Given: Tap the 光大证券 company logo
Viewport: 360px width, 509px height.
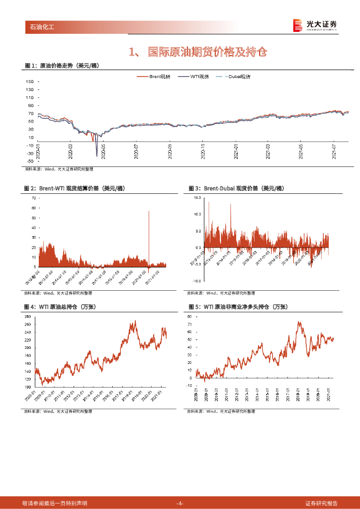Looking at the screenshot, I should point(315,25).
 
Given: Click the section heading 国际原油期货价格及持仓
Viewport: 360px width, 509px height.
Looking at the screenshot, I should point(198,51).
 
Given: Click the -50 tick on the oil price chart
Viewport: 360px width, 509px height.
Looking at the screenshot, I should point(29,161).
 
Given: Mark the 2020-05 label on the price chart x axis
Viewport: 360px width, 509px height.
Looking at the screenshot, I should point(103,152).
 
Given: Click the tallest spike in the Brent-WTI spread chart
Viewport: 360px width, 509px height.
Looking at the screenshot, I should point(149,212).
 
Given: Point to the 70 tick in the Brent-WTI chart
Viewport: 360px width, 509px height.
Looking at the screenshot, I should point(34,198).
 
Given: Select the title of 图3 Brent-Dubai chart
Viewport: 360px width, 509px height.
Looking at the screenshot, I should point(236,189).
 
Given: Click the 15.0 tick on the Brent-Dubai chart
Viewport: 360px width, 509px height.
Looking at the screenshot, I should point(197,198).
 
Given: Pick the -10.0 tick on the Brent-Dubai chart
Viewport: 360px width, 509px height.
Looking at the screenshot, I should point(197,281).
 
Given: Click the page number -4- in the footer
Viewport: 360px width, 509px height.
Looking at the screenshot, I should point(180,504).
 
